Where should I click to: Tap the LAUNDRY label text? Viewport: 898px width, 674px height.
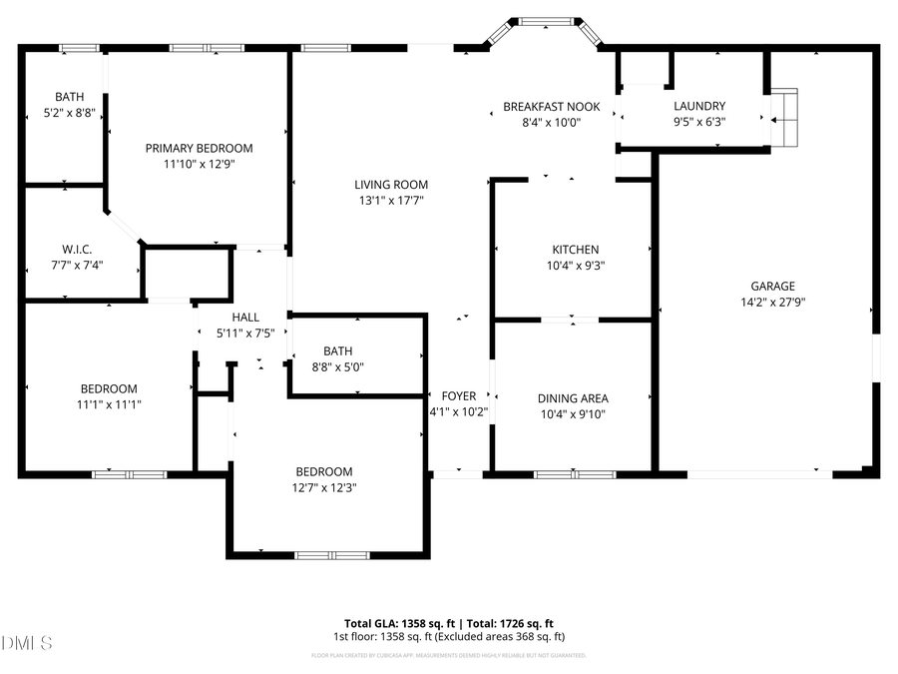[699, 106]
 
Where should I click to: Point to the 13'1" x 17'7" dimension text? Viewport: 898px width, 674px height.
[392, 200]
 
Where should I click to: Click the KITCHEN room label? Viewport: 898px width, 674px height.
[576, 250]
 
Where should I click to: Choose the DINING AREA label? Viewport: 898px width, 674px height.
[572, 397]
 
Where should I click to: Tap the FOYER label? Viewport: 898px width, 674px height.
[459, 395]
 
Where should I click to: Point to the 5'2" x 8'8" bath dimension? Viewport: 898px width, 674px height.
[69, 113]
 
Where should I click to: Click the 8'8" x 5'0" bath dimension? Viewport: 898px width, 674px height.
[337, 366]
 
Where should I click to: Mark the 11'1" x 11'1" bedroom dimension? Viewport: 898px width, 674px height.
[109, 404]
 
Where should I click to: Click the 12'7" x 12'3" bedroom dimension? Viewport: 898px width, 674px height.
[324, 487]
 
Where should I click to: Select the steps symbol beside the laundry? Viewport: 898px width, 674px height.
[785, 118]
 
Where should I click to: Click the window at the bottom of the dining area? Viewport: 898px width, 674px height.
[575, 474]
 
